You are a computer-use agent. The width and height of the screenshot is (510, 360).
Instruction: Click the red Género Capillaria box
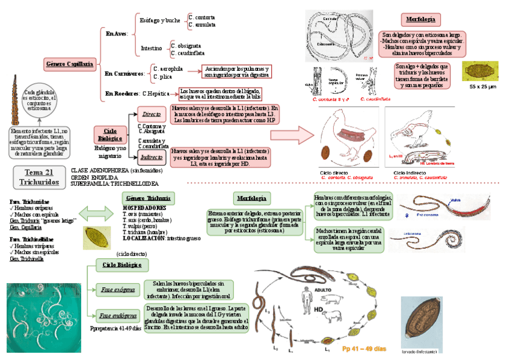70,63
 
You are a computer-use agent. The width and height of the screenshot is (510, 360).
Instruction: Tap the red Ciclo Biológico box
110,134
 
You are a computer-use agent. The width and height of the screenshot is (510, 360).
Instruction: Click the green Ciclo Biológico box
122,264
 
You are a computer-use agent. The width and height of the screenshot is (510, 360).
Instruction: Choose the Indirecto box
150,157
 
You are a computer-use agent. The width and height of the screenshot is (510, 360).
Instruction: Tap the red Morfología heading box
420,19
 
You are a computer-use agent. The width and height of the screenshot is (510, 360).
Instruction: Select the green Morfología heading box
251,198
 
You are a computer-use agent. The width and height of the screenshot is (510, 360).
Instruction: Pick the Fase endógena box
117,315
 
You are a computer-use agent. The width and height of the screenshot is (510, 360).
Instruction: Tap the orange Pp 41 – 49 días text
364,349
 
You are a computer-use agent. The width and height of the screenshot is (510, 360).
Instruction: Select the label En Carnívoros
124,73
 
